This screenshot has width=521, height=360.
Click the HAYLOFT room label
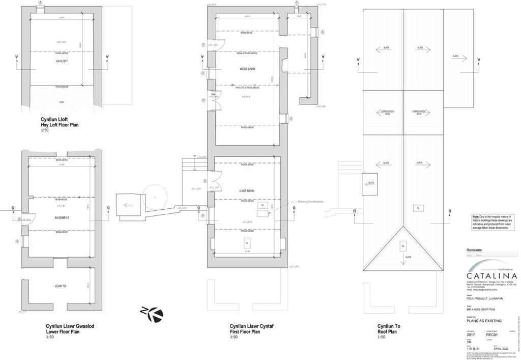62,61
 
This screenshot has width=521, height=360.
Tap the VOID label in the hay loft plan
62,102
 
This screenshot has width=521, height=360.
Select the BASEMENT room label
62,218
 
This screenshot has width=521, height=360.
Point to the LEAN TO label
61,286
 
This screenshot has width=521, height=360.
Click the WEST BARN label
247,69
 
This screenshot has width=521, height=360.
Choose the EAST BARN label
247,191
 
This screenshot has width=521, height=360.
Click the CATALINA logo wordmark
492,276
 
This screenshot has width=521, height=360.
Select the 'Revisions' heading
474,250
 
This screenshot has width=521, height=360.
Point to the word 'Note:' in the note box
476,216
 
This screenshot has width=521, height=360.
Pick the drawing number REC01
491,335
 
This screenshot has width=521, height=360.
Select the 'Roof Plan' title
387,331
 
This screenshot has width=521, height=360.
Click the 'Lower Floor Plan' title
63,331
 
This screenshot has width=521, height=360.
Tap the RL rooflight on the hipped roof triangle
403,245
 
